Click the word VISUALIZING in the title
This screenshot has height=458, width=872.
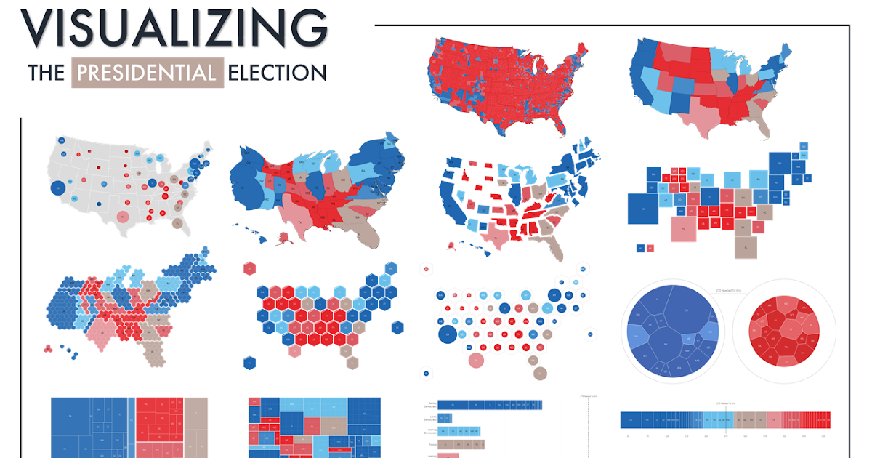pos(174,28)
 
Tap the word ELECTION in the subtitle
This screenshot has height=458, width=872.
pos(277,73)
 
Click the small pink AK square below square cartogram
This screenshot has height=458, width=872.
pos(650,248)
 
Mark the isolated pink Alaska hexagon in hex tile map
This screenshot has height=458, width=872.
pos(249,268)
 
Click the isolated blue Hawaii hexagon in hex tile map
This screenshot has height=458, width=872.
pos(249,361)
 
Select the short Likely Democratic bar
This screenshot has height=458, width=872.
pos(445,418)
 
